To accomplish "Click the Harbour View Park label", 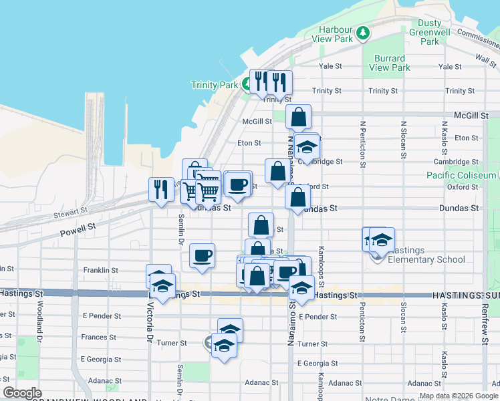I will [x=335, y=34].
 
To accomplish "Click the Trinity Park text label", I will [x=214, y=85].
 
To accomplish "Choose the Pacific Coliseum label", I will [x=461, y=175].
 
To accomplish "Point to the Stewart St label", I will [x=70, y=211].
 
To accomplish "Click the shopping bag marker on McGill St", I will [x=298, y=117].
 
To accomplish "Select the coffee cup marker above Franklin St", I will [x=202, y=255].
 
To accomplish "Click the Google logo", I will [x=22, y=393].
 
